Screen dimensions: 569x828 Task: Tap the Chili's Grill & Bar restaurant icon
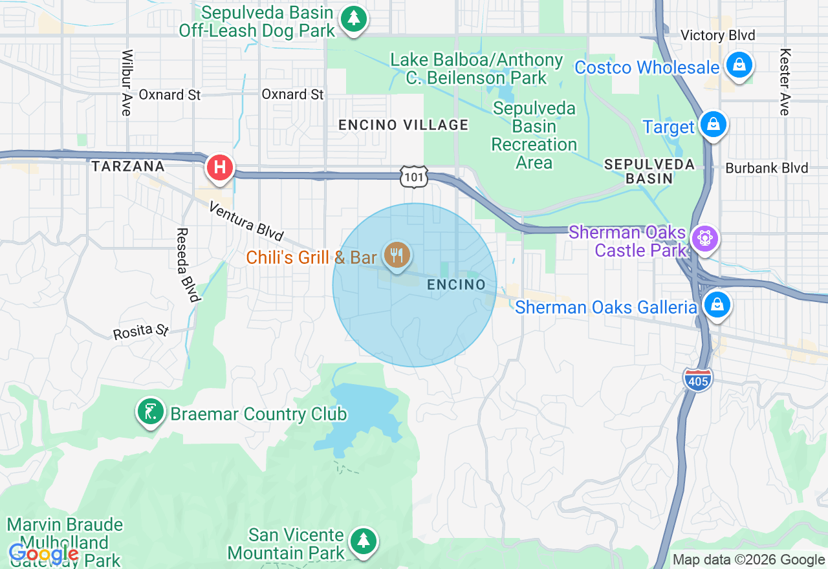point(397,255)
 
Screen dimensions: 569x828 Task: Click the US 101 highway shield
point(413,176)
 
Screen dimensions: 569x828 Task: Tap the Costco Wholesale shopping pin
point(738,65)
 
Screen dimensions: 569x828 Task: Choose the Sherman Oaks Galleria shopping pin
point(717,305)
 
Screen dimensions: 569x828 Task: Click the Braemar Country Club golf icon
point(150,411)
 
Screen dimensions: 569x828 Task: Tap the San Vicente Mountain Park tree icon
point(364,541)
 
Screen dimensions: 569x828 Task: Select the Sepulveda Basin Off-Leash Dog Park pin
point(353,19)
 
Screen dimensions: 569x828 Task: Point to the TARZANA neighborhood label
point(128,166)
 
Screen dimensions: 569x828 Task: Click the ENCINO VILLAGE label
point(404,125)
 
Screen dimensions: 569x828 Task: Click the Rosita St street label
point(141,332)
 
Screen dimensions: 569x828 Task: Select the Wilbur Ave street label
point(127,83)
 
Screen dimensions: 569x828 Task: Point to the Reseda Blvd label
point(187,265)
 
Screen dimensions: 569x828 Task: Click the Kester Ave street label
point(785,82)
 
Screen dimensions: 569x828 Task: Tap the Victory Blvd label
point(718,35)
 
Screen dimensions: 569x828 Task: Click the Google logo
point(44,553)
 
